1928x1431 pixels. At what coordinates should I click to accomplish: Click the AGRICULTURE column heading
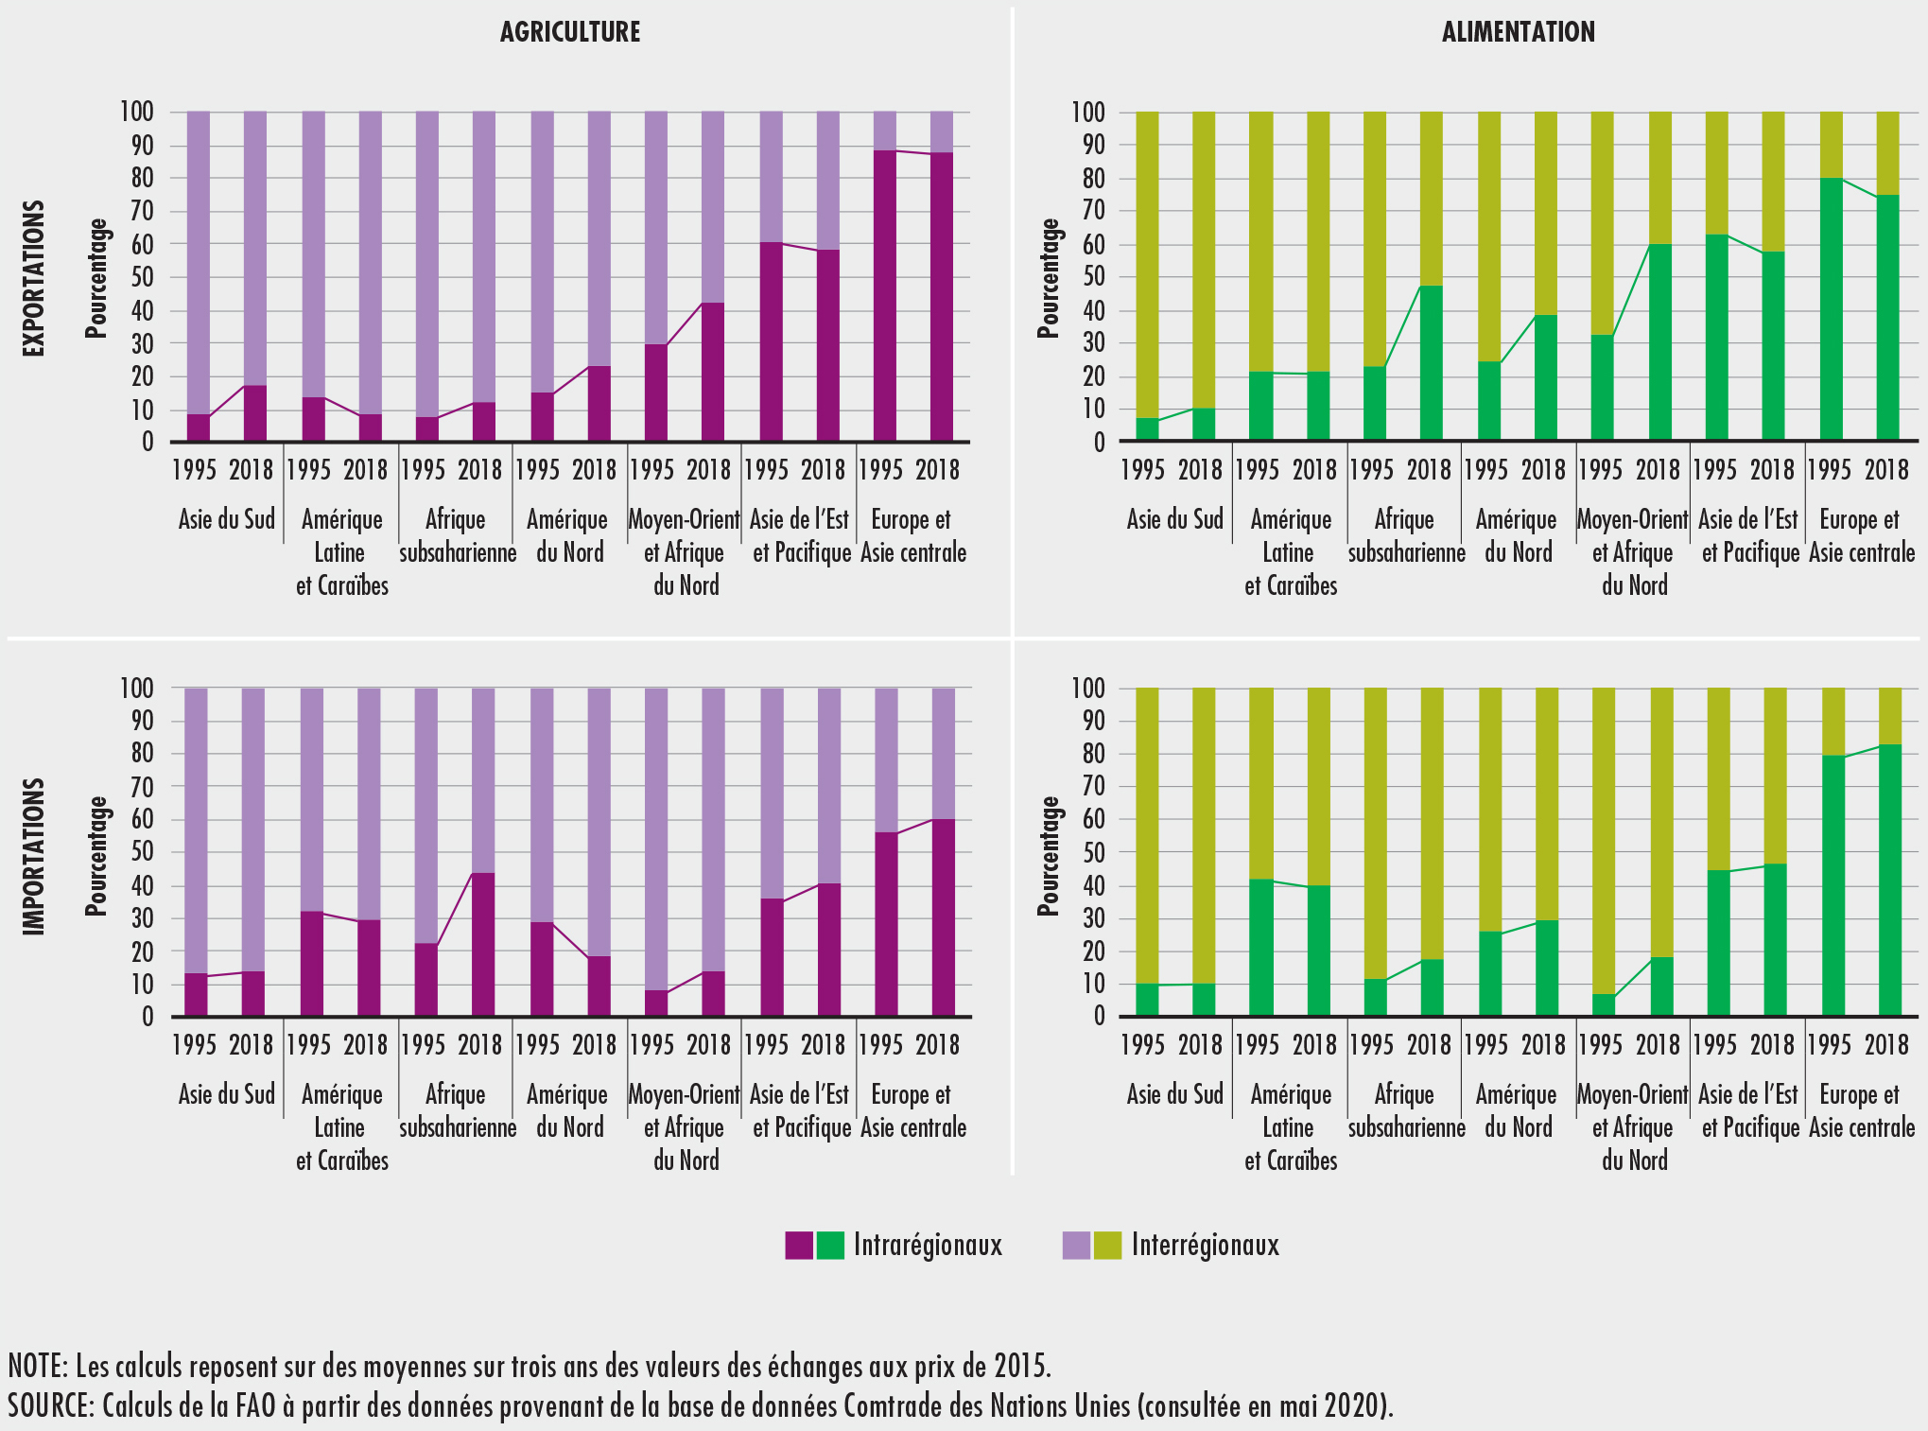point(570,32)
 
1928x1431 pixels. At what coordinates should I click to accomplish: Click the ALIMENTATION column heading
point(1518,32)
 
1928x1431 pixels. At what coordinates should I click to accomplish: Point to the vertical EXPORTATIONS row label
point(34,278)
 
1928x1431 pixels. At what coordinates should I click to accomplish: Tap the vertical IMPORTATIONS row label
point(34,856)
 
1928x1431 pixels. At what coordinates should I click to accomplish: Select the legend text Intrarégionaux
point(927,1245)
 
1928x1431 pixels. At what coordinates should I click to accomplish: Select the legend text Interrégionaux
point(1205,1245)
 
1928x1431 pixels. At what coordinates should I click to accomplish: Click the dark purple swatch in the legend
point(799,1245)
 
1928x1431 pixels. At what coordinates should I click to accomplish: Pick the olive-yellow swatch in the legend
point(1107,1245)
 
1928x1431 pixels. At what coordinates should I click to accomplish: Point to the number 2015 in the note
point(1020,1366)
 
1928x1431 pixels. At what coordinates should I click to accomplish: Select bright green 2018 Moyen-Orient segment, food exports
point(1660,342)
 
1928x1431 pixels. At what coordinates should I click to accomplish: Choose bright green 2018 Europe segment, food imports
point(1886,880)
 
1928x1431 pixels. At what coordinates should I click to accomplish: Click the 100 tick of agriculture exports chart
point(136,112)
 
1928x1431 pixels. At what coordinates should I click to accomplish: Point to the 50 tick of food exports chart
point(1087,277)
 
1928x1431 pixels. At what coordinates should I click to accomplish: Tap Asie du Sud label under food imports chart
point(1174,1094)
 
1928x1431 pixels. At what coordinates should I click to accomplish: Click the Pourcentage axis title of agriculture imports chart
point(96,856)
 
